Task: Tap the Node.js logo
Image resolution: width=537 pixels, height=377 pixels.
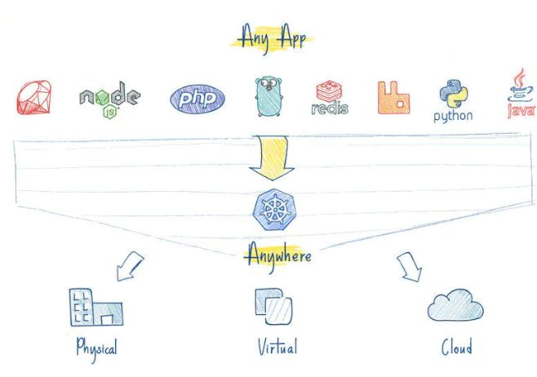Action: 109,98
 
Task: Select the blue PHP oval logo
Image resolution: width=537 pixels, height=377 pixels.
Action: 197,99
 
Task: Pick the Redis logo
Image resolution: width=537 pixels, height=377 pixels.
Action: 330,97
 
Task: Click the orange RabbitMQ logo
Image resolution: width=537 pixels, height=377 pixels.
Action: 394,97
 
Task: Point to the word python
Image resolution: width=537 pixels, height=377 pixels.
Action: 453,116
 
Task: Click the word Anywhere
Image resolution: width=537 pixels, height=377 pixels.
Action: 278,255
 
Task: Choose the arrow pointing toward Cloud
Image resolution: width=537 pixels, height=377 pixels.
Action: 408,267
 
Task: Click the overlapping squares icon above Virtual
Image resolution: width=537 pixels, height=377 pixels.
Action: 273,306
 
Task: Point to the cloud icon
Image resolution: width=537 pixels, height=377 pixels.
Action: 455,305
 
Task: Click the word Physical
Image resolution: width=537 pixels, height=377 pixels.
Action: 96,348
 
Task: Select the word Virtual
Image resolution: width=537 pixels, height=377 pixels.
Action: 277,347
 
